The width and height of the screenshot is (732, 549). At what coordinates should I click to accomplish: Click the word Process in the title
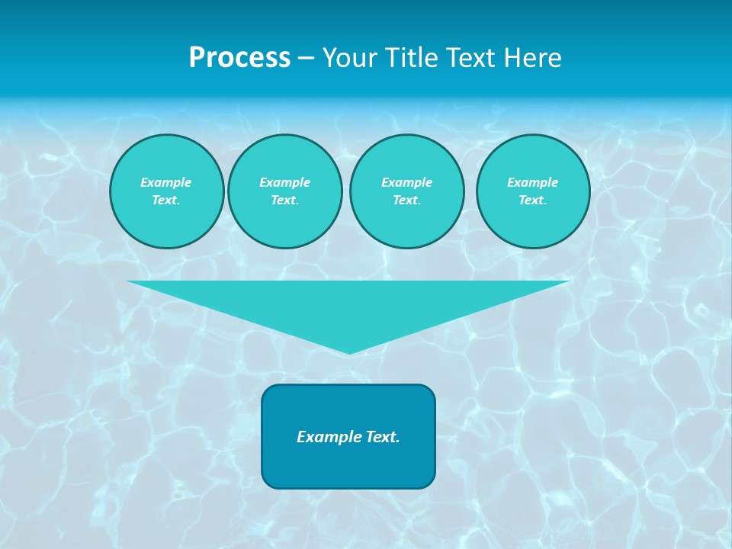coord(239,58)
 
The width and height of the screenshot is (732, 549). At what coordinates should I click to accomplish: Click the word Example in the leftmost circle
coord(166,182)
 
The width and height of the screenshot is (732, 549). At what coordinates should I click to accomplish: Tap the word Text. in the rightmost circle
coord(533,200)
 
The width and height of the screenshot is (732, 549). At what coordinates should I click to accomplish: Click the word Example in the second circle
coord(284,182)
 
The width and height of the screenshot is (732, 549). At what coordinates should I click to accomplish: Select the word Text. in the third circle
coord(406,200)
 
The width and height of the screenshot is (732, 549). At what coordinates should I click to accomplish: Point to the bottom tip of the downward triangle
coord(349,352)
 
